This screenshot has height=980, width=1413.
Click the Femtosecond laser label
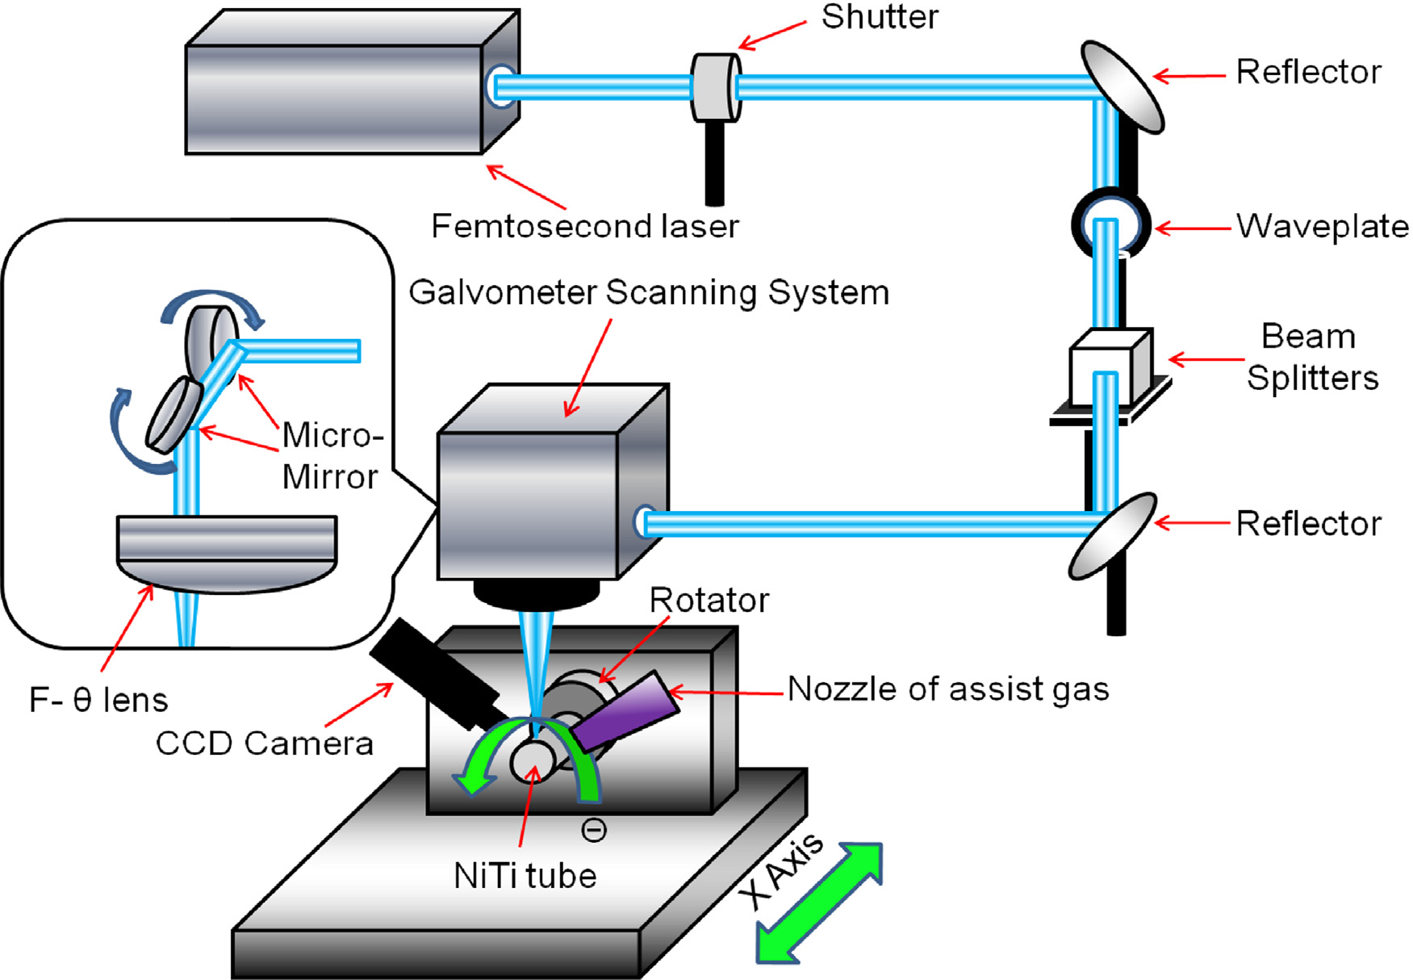[584, 226]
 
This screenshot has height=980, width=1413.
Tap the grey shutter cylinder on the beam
[715, 87]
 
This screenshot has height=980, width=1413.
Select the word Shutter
[880, 18]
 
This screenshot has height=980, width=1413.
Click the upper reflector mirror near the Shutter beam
[1122, 86]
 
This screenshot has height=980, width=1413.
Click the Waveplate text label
[1322, 227]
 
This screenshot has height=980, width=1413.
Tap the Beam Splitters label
[1311, 357]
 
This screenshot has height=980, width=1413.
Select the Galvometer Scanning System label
[648, 292]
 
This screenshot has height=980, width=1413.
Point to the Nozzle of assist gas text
[947, 689]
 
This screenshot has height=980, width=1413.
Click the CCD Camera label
[264, 743]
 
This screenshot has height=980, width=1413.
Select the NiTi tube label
[525, 876]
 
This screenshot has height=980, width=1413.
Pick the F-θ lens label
[98, 700]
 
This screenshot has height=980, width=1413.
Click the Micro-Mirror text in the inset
[331, 456]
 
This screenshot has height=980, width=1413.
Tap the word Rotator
[709, 601]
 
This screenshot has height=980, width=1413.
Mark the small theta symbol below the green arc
[594, 830]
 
